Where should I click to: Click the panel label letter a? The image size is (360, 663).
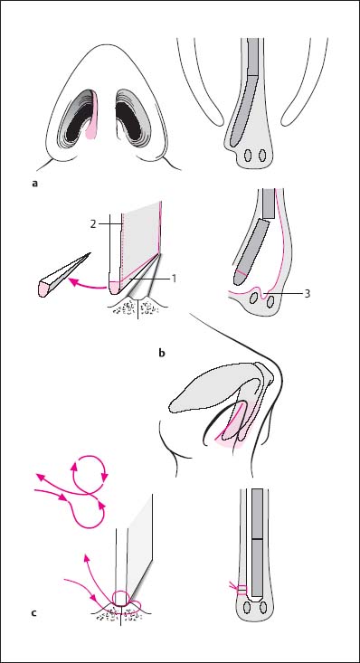[34, 184]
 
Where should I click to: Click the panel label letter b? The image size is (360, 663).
[161, 352]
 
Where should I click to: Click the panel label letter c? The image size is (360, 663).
[33, 611]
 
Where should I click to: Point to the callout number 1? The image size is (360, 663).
[174, 279]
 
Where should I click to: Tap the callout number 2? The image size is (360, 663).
[93, 224]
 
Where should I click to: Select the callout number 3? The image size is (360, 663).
[308, 293]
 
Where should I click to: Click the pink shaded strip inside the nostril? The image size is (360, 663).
[92, 116]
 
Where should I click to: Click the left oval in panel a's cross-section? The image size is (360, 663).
[249, 156]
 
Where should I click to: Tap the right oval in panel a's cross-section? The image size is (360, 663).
[262, 156]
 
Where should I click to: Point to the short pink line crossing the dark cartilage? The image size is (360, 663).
[242, 274]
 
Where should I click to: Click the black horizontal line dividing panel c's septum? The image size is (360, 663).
[257, 539]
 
